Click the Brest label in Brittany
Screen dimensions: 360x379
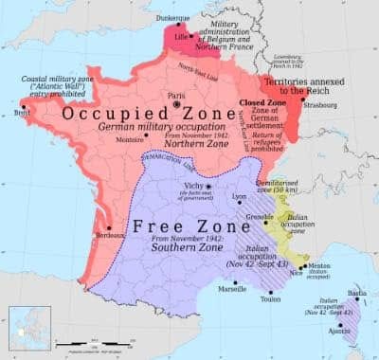[20, 112]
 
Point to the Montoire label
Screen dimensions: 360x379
[130, 139]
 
